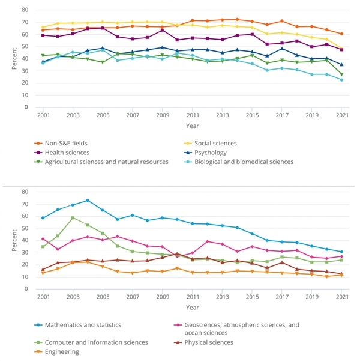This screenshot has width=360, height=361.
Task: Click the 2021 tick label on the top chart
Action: pos(341,114)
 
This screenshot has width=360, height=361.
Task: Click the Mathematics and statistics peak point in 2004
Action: pos(88,201)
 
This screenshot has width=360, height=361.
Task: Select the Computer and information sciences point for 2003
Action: pos(73,218)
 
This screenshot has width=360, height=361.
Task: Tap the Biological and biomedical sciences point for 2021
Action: pos(341,80)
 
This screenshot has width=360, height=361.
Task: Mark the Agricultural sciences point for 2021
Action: pos(341,74)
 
